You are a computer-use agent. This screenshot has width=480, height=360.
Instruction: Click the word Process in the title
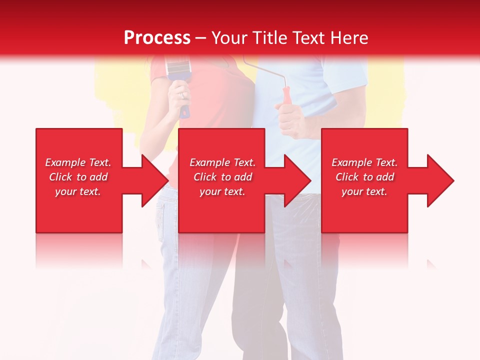[157, 38]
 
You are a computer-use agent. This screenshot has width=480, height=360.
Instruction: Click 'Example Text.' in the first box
[78, 162]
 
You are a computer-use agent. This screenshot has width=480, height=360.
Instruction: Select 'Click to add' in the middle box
[223, 177]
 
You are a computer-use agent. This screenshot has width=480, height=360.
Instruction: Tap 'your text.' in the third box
[364, 191]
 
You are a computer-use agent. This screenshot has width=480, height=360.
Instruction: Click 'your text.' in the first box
[78, 191]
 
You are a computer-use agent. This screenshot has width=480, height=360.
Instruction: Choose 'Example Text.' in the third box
[364, 162]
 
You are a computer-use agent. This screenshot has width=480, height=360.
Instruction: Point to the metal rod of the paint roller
[265, 70]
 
